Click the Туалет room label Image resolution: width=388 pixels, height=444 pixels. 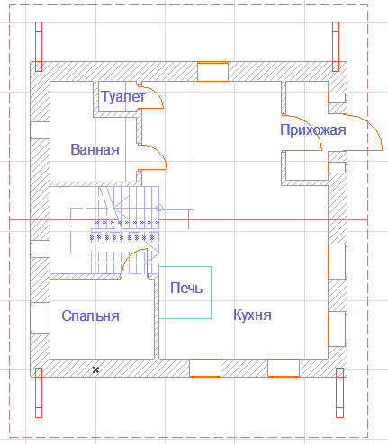(x=123, y=96)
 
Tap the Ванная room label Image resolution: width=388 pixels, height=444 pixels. (x=95, y=149)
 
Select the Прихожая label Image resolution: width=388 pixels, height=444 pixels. (x=313, y=130)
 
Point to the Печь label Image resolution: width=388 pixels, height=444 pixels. (x=186, y=288)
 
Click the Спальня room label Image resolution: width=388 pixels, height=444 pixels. (x=90, y=315)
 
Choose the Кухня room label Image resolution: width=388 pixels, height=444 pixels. (x=252, y=315)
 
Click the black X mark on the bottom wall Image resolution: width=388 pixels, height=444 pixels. (x=95, y=369)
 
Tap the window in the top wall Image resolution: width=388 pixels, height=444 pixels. (x=212, y=71)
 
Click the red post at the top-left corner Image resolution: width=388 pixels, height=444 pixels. (x=39, y=47)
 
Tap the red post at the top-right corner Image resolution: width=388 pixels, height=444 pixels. (x=336, y=47)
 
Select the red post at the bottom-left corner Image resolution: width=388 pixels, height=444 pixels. (x=39, y=393)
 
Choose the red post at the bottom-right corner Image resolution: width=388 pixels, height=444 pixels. (x=339, y=393)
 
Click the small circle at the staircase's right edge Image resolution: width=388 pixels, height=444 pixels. (x=159, y=208)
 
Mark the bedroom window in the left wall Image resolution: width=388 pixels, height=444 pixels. (x=40, y=318)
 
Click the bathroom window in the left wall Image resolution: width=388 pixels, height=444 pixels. (x=40, y=130)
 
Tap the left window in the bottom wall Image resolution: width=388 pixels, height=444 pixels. (x=205, y=369)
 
